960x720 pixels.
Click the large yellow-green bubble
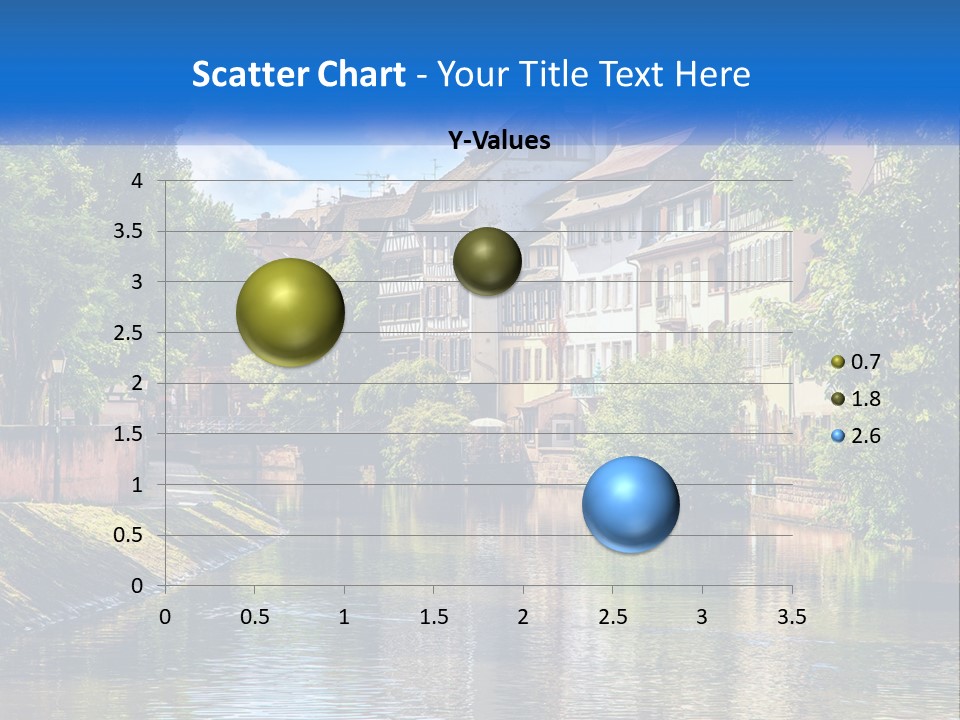(x=290, y=312)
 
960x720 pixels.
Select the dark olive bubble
(x=487, y=261)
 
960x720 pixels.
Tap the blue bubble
(x=630, y=504)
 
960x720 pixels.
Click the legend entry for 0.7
(x=856, y=362)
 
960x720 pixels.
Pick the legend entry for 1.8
(x=856, y=399)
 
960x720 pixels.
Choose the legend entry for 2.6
(x=856, y=436)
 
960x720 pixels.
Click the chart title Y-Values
(x=499, y=141)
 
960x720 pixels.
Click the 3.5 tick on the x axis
(x=791, y=617)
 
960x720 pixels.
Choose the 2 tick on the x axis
(x=523, y=617)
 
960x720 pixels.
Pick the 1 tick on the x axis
(x=344, y=617)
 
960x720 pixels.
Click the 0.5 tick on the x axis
(x=255, y=617)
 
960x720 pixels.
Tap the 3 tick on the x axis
(x=702, y=617)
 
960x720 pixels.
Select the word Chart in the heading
(x=361, y=74)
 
